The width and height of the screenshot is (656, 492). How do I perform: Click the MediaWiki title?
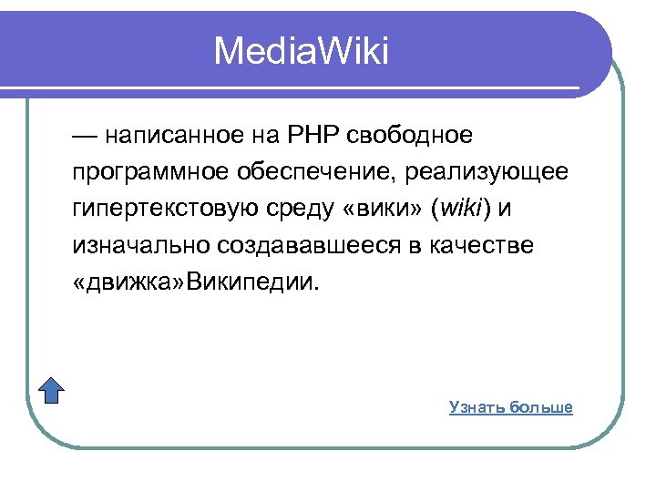(x=301, y=52)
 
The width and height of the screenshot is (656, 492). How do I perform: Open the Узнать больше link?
(x=510, y=407)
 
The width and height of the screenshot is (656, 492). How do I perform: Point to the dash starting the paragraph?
(x=84, y=137)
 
